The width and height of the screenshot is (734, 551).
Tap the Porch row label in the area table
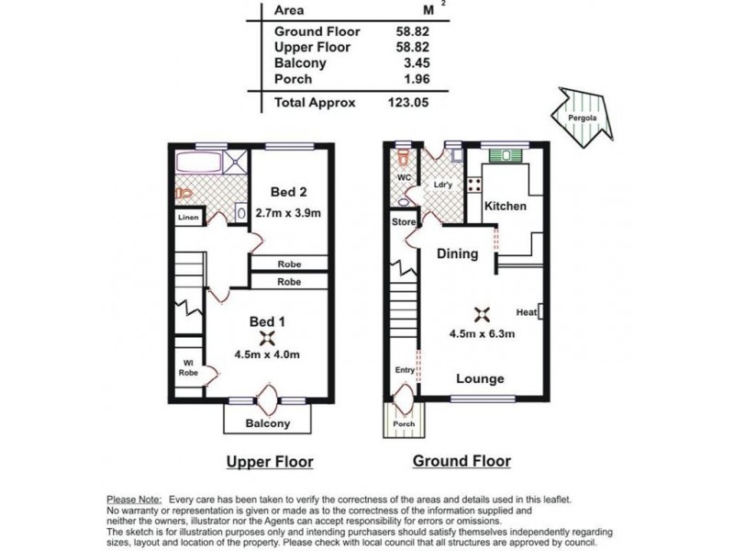[294, 79]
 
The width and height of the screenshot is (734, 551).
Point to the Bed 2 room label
[289, 192]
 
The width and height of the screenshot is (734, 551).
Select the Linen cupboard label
[188, 218]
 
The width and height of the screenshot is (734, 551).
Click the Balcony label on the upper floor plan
[268, 423]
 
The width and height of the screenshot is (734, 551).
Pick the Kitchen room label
[506, 206]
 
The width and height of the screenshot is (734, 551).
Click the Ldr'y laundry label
[444, 185]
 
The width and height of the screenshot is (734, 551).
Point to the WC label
[403, 177]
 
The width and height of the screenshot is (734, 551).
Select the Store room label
[403, 221]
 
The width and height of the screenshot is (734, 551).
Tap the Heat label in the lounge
[527, 311]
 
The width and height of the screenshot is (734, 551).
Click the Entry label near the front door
[404, 370]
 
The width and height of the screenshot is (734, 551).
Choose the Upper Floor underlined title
[270, 461]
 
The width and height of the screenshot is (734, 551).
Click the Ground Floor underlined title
[462, 461]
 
